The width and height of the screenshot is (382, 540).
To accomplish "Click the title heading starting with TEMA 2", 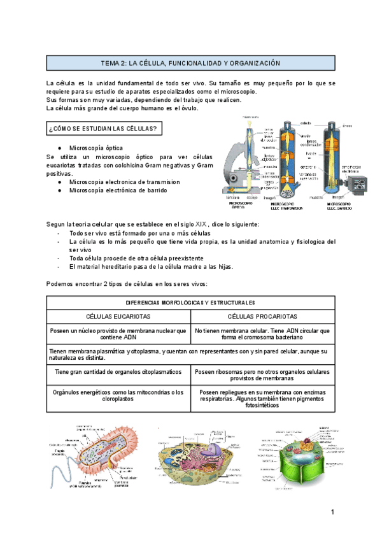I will click(191, 64).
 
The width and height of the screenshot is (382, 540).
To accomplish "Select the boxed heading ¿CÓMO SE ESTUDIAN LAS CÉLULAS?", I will click(104, 129).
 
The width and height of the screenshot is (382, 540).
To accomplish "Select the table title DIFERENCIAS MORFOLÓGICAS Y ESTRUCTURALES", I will click(191, 302).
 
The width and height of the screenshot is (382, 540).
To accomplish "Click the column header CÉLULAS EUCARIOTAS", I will click(118, 316).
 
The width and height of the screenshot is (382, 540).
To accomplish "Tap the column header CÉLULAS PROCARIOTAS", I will click(263, 316).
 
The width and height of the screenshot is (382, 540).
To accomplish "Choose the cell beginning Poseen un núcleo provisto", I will click(118, 334).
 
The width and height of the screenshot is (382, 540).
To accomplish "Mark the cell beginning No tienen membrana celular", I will click(263, 334).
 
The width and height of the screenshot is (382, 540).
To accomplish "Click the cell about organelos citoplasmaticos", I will click(118, 371).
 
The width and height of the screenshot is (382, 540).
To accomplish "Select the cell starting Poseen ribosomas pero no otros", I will click(263, 375).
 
